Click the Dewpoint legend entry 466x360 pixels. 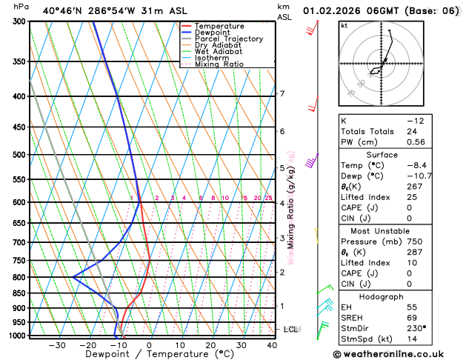(x=213, y=33)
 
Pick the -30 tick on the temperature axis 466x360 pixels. (x=56, y=345)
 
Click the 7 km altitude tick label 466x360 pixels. (x=282, y=94)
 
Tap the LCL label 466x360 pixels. (x=291, y=329)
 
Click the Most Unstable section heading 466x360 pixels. (x=398, y=230)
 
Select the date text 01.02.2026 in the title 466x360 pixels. (x=337, y=10)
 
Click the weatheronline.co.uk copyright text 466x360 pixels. (x=397, y=354)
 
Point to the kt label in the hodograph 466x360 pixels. (x=344, y=26)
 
